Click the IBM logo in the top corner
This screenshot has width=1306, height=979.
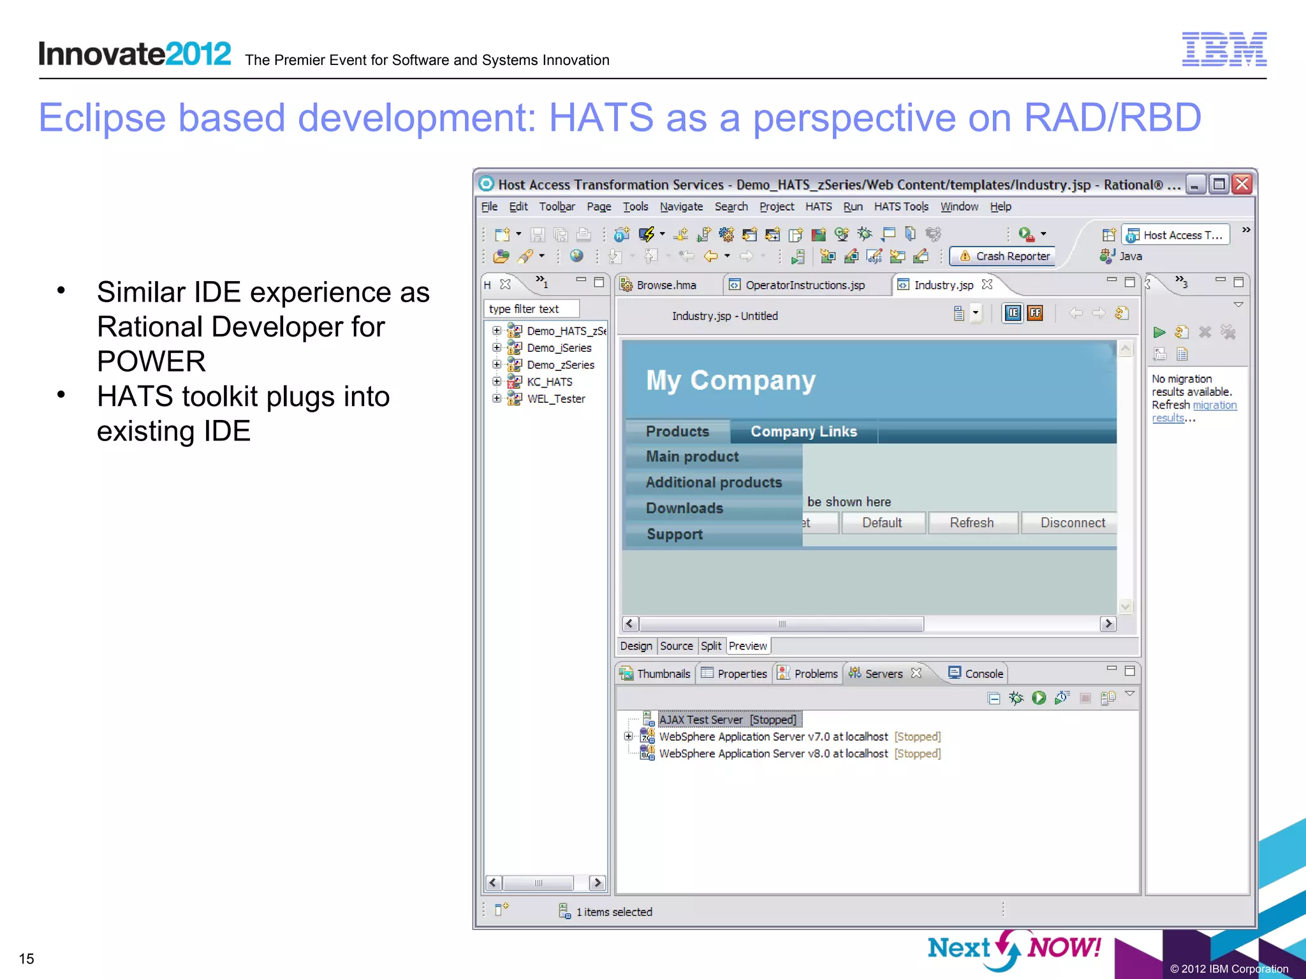[1224, 49]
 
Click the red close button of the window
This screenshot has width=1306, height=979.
[1242, 184]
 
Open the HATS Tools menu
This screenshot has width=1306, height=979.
[900, 207]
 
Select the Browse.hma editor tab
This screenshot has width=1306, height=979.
[666, 285]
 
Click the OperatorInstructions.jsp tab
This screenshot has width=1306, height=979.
[804, 285]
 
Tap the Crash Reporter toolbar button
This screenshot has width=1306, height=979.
[1004, 256]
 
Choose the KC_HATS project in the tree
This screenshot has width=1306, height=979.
[549, 382]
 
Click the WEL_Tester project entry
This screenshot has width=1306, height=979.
[555, 399]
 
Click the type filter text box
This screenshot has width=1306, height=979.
[531, 309]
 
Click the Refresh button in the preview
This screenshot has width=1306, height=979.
[971, 523]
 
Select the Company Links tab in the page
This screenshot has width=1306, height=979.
[803, 431]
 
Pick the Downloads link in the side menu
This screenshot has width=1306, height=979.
[684, 508]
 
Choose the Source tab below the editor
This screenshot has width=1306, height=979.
[676, 646]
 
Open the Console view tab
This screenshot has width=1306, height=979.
[983, 674]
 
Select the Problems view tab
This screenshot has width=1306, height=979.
[815, 674]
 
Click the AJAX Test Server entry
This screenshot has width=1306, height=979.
[727, 720]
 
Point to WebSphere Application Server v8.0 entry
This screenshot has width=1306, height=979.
[773, 753]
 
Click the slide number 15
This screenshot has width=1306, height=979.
[27, 959]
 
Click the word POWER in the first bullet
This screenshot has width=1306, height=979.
[151, 361]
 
